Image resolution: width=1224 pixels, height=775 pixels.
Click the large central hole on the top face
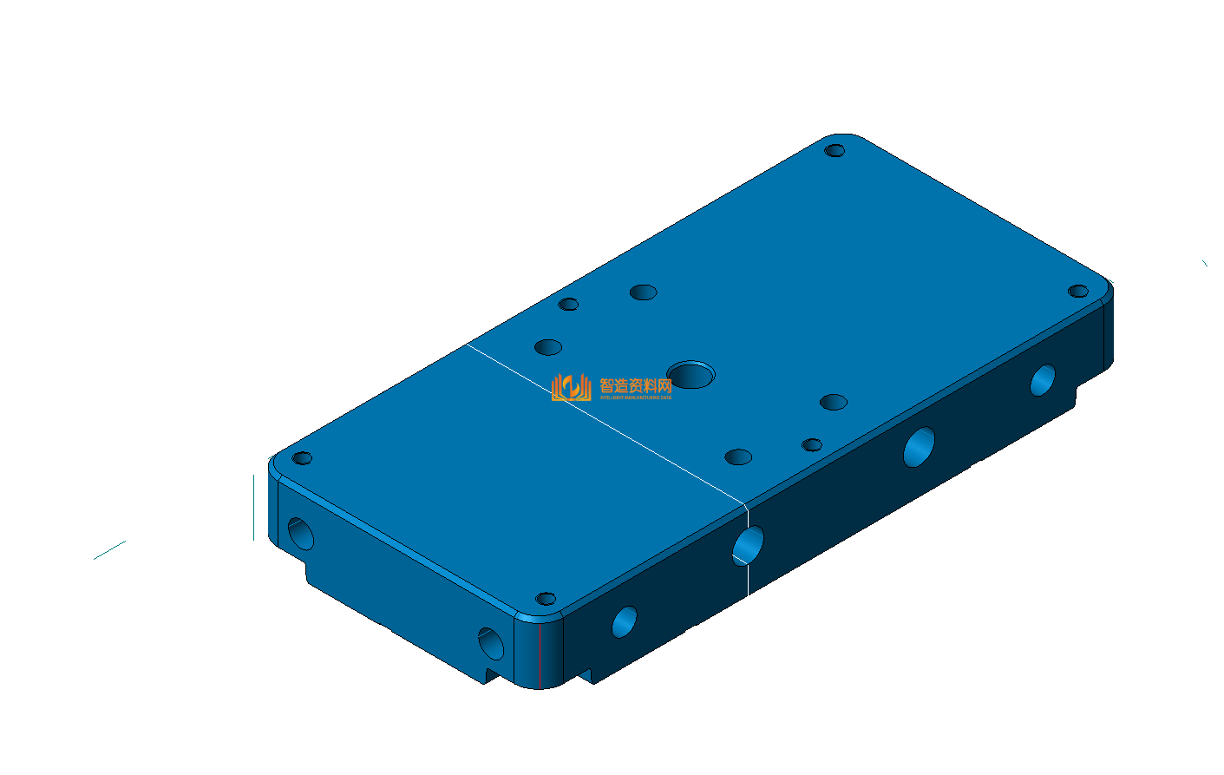tap(691, 376)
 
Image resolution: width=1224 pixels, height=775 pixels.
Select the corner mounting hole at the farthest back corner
tap(835, 151)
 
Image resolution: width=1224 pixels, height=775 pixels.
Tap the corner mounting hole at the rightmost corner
tap(1077, 291)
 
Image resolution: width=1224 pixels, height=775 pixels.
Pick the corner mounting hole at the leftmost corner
tap(302, 458)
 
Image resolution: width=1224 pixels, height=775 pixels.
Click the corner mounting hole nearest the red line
tap(546, 599)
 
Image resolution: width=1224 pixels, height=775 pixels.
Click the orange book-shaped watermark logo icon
tap(571, 387)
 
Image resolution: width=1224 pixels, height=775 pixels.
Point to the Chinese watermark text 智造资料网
tap(636, 385)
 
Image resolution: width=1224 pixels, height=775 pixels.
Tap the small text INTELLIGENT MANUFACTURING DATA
tap(636, 397)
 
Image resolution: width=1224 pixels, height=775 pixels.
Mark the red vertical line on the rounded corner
tap(540, 654)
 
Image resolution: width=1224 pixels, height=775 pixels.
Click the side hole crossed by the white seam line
tap(748, 546)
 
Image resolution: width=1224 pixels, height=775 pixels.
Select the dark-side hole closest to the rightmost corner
tap(1043, 379)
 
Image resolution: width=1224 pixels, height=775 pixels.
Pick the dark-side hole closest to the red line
tap(625, 621)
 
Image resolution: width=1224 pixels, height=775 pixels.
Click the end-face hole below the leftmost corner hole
tap(301, 533)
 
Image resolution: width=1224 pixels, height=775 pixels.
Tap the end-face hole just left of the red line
tap(491, 644)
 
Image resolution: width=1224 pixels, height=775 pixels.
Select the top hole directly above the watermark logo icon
tap(548, 347)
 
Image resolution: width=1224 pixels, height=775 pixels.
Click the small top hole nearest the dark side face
tap(812, 445)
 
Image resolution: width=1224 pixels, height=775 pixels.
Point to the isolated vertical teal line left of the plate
tap(253, 507)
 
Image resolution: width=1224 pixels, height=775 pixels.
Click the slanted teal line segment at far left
tap(109, 550)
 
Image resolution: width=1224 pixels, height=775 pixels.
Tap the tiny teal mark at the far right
tap(1204, 263)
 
